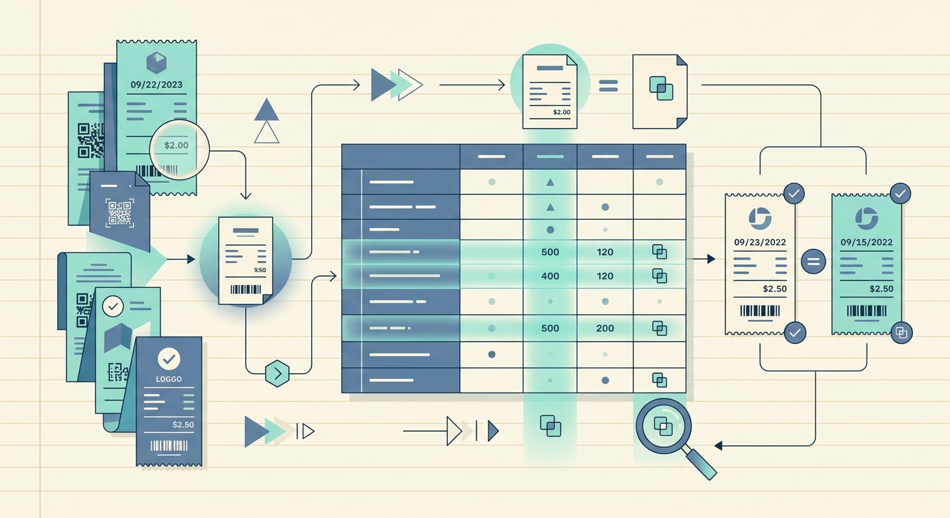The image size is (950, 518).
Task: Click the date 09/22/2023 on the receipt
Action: [156, 85]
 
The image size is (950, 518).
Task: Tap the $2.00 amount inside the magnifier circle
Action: [176, 146]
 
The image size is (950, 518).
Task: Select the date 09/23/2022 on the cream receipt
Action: [760, 242]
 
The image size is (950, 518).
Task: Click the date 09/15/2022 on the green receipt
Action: [866, 242]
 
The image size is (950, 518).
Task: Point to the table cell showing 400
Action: [550, 276]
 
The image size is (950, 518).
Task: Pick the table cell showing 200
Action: [605, 328]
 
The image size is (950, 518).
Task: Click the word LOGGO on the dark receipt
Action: [169, 379]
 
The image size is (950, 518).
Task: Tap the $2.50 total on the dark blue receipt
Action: [184, 424]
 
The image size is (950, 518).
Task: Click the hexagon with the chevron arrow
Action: [277, 374]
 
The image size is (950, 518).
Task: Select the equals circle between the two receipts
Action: [814, 261]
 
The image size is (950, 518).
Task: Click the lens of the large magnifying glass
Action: [663, 426]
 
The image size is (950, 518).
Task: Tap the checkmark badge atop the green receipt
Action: [900, 194]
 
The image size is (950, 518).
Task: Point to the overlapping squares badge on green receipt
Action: [901, 333]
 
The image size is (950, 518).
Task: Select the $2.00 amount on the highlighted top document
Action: [561, 113]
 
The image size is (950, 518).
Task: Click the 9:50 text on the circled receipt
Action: [260, 270]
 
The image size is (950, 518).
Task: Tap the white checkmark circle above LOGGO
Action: [169, 359]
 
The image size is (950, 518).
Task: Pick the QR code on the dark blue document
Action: [119, 212]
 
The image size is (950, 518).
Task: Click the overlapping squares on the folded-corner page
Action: [661, 88]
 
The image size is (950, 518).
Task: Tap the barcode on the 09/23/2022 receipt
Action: [760, 311]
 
